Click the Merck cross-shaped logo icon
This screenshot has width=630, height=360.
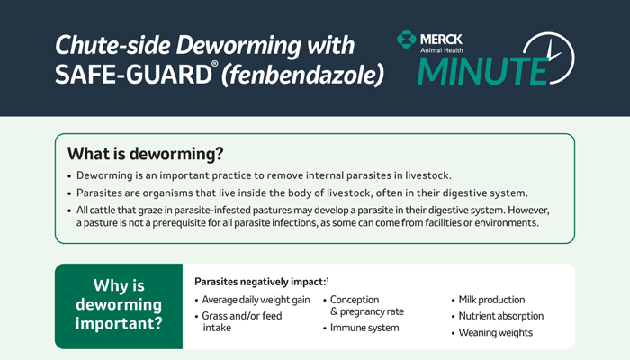406,39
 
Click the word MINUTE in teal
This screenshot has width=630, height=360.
482,71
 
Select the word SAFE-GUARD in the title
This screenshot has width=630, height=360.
133,75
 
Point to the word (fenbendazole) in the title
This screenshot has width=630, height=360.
302,75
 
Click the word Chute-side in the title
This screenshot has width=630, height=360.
112,45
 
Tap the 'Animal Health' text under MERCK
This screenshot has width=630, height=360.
442,50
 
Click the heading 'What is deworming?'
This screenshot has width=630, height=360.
146,154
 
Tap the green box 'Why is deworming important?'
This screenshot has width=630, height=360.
119,306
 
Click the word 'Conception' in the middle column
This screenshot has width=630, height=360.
355,300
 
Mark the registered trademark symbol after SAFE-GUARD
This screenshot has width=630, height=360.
215,64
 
